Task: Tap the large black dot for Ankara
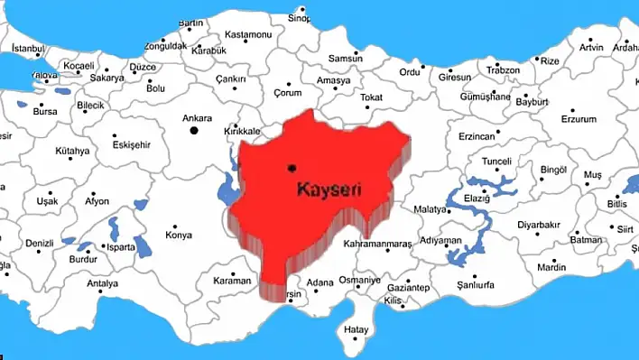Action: tap(193, 131)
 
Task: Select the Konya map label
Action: tap(179, 235)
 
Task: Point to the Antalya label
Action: tap(102, 283)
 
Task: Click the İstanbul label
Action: tap(27, 47)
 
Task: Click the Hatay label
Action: tap(356, 329)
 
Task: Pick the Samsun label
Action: tap(320, 59)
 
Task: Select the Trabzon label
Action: tap(503, 70)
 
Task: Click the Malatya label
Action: tap(431, 209)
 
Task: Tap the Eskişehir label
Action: tap(132, 143)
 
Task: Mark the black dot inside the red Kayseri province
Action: tap(291, 168)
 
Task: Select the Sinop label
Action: tap(299, 17)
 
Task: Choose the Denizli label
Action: tap(40, 244)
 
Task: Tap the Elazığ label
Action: tap(476, 198)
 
